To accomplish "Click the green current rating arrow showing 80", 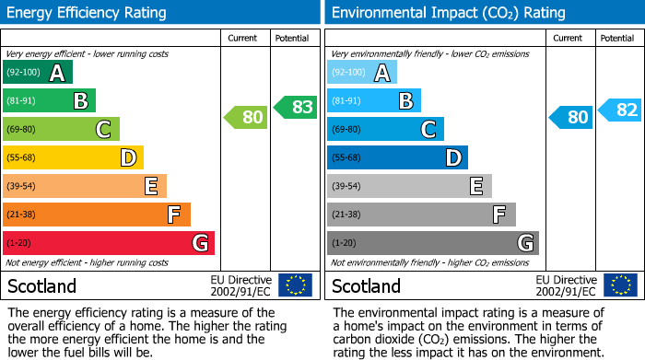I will click(244, 117).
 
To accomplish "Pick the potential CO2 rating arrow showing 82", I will click(620, 110).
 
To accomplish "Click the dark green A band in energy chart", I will click(38, 73).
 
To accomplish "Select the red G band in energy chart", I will click(109, 243).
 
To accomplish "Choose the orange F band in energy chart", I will click(97, 215).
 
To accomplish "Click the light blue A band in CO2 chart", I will click(362, 73).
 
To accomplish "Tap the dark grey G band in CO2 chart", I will click(432, 243).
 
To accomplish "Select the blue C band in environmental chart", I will click(385, 129).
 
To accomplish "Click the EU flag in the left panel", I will click(295, 285).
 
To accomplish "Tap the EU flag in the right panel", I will click(620, 285).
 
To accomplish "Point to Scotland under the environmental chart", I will click(367, 285).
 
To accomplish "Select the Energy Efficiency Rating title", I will click(88, 13).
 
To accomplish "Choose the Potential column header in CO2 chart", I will click(617, 38).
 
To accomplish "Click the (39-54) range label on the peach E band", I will click(22, 186).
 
